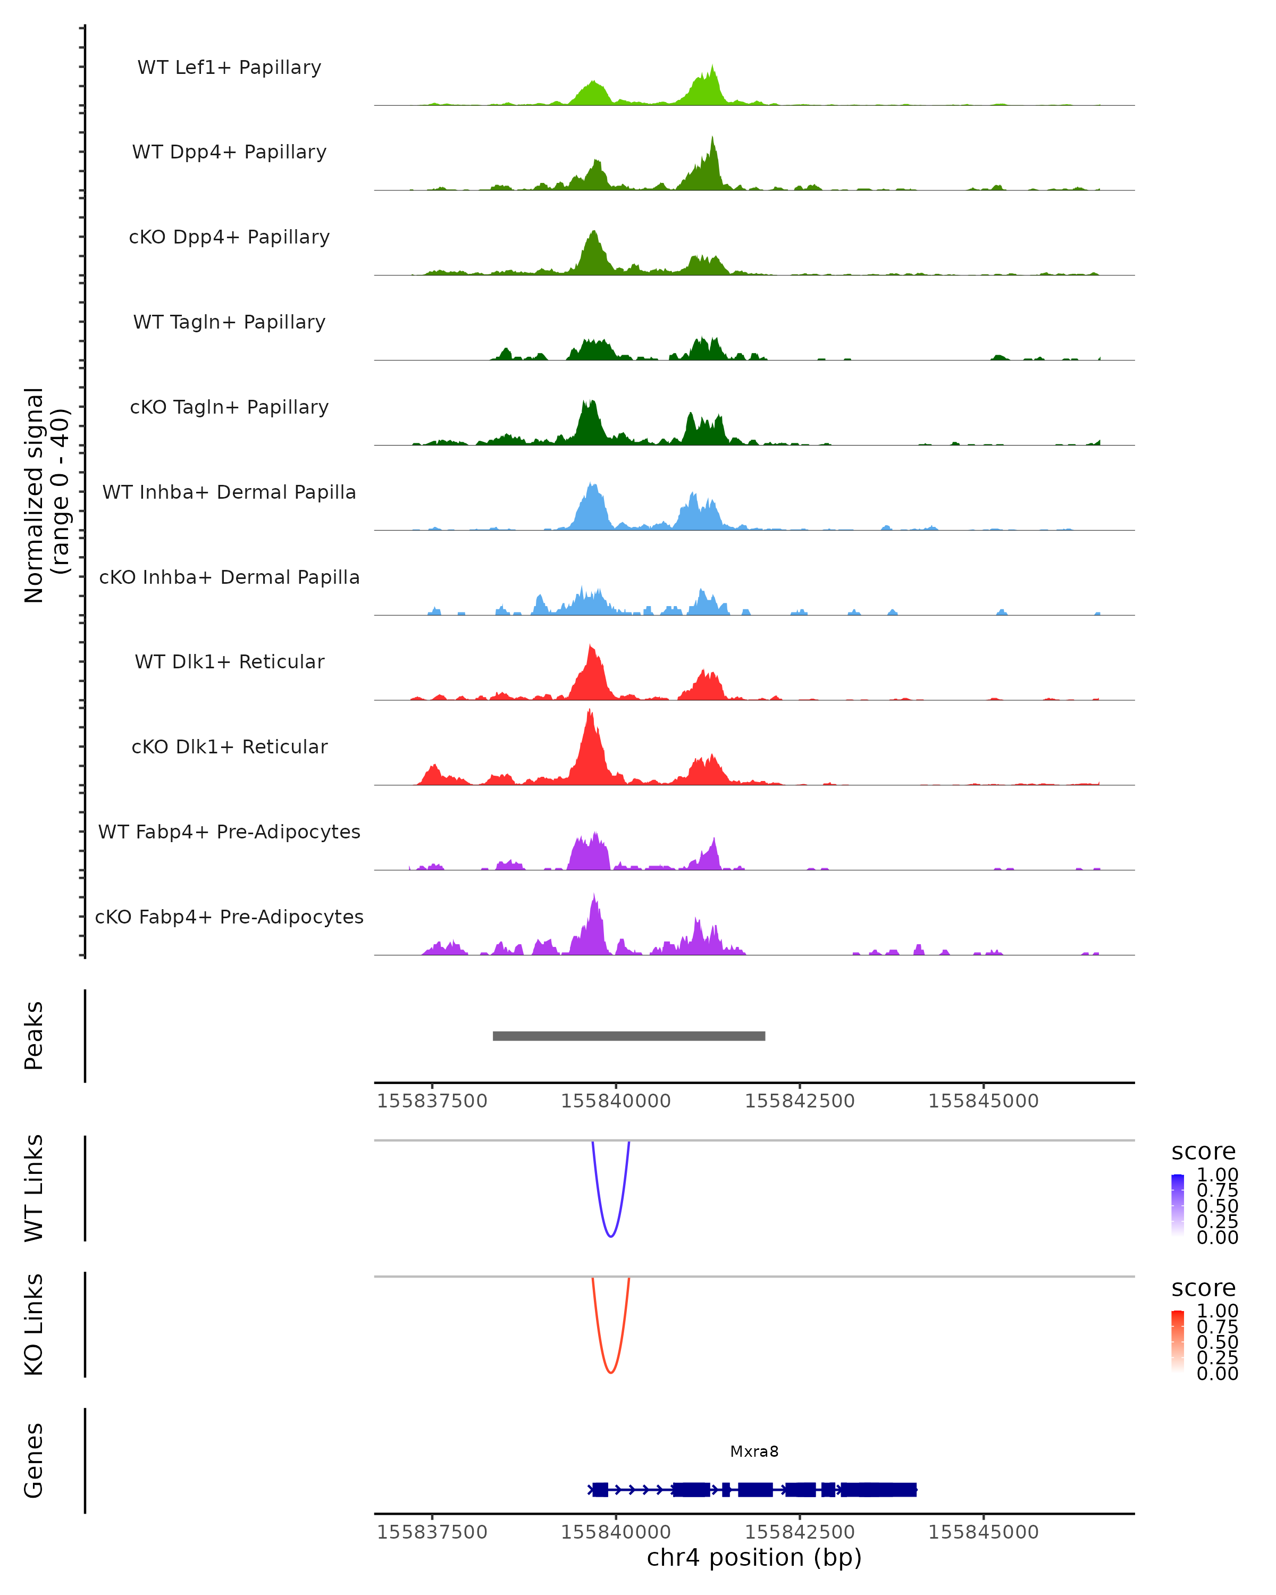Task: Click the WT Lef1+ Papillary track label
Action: click(229, 68)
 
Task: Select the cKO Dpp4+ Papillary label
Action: click(229, 238)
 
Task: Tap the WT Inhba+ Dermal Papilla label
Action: click(229, 493)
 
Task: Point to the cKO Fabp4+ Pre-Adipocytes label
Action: click(229, 917)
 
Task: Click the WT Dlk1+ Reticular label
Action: click(229, 662)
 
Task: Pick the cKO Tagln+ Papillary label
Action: click(229, 408)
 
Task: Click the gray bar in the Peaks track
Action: click(629, 1036)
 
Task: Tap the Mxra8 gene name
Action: click(754, 1451)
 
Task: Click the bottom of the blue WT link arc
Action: click(610, 1236)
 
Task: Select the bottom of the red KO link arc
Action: click(610, 1372)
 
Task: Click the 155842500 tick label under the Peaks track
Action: click(800, 1102)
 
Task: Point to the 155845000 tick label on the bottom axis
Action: click(983, 1532)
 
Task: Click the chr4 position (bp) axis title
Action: click(754, 1558)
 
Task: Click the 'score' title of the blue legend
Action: click(1203, 1152)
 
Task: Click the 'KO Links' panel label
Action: click(34, 1324)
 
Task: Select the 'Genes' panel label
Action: click(34, 1460)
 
